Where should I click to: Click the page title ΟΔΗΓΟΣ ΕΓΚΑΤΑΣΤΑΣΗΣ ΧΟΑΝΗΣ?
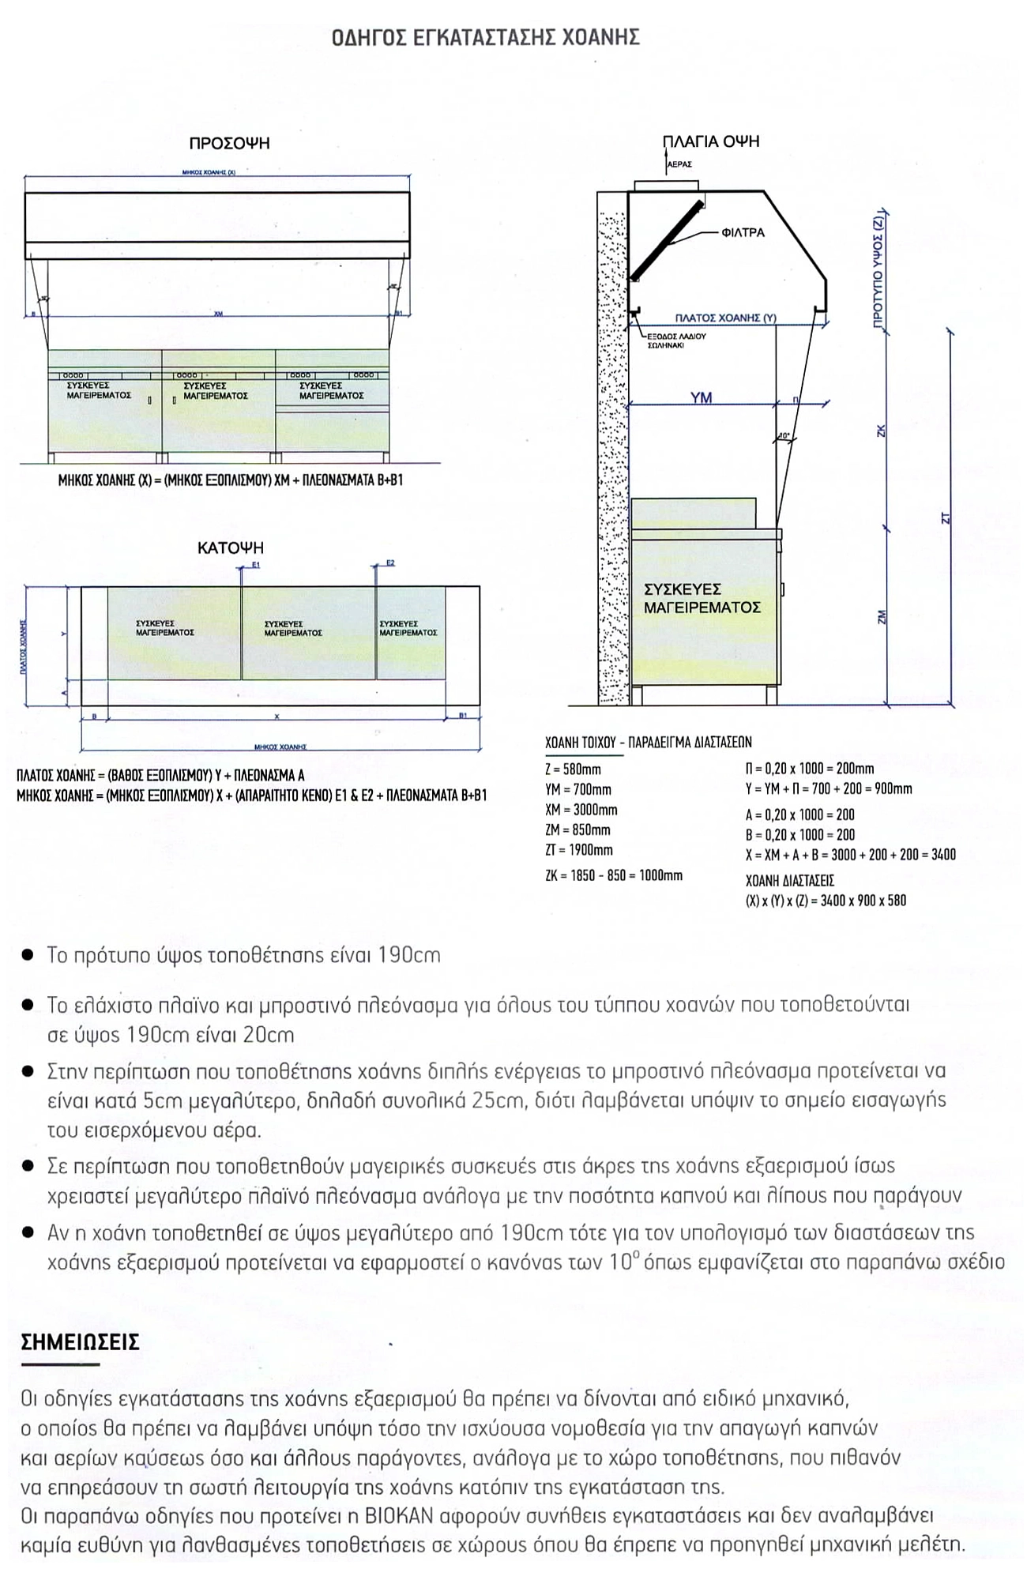tap(485, 37)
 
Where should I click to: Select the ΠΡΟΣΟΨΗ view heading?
tap(229, 143)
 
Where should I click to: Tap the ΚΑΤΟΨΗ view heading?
tap(231, 547)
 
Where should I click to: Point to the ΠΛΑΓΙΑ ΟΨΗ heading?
tap(710, 141)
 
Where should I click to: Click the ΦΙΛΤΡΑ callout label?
tap(743, 233)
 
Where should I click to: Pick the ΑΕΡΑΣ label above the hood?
tap(679, 164)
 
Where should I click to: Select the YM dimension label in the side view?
tap(701, 398)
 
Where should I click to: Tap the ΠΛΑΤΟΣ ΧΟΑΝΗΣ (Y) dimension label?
tap(725, 318)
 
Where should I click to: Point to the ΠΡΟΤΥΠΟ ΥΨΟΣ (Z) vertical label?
tap(880, 269)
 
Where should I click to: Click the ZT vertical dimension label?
tap(946, 519)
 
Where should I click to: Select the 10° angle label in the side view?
tap(784, 435)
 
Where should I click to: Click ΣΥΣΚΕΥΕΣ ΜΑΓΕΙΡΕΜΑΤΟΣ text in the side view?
tap(702, 599)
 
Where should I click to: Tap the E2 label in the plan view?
tap(390, 563)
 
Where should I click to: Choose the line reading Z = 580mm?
tap(573, 769)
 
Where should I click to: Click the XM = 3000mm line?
tap(581, 810)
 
